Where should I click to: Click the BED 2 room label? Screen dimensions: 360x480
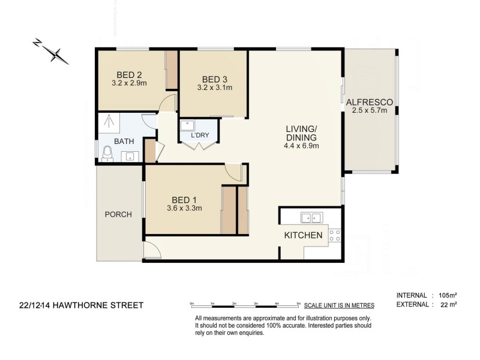coord(130,75)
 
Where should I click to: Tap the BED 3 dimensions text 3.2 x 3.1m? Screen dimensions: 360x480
coord(215,88)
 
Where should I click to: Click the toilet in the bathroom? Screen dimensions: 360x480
coord(107,154)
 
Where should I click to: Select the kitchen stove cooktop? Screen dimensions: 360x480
coord(334,235)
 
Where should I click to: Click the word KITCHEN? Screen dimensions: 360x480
coord(303,235)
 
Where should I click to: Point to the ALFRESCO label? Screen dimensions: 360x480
coord(369,102)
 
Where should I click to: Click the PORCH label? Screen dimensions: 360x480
coord(118,214)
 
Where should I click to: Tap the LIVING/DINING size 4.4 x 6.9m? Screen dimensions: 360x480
coord(301,146)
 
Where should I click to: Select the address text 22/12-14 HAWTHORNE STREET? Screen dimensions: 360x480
coord(81,305)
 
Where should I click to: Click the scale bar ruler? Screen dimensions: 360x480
coord(245,304)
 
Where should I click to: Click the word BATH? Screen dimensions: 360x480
coord(124,142)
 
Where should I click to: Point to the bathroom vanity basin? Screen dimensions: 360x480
coord(129,156)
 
